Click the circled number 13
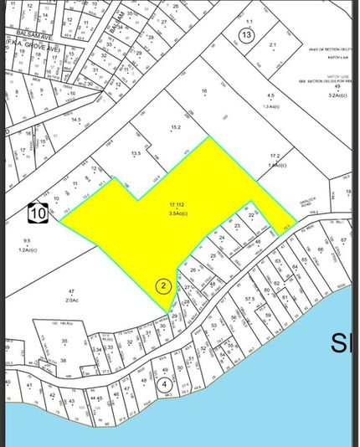point(245,35)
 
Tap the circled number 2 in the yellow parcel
point(164,285)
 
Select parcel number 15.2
point(176,128)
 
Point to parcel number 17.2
point(275,157)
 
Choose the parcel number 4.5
point(270,97)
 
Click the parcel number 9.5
point(27,241)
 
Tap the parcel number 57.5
point(249,299)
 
